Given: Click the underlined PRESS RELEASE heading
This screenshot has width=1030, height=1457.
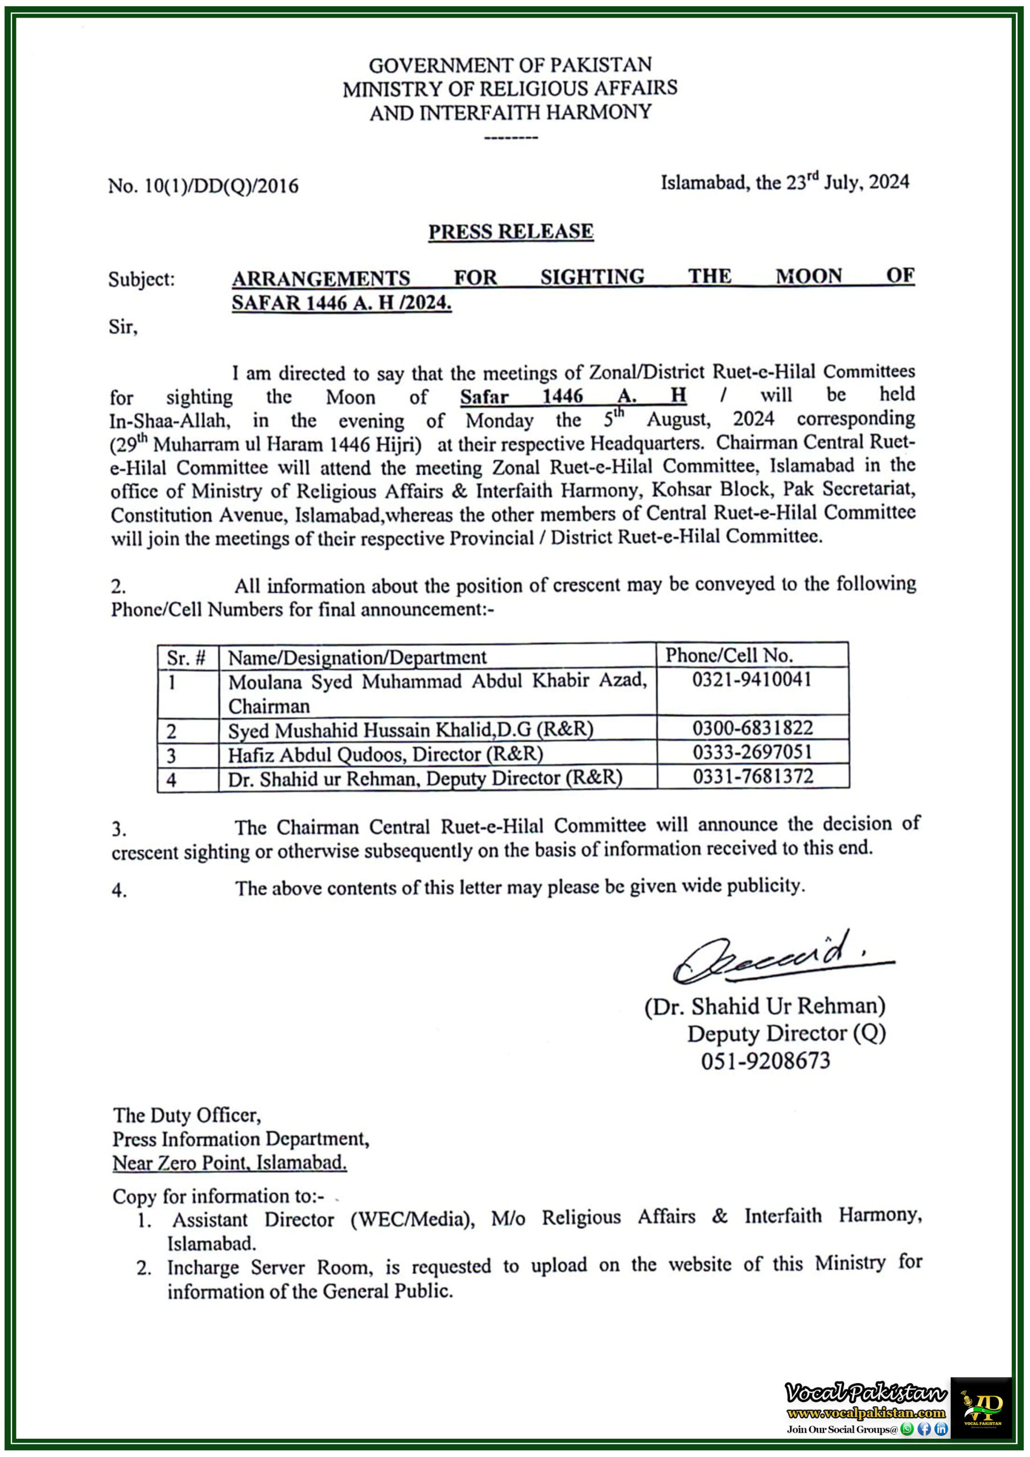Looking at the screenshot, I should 510,232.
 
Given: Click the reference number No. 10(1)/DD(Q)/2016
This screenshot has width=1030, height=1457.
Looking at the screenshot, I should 203,186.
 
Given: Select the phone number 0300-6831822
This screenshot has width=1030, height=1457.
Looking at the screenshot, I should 752,728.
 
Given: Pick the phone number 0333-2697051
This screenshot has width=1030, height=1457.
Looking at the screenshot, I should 752,752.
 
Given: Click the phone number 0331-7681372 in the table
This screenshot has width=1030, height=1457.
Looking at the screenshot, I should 753,776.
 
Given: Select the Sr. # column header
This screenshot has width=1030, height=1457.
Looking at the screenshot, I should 186,658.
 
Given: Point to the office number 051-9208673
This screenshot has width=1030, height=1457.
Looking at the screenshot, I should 765,1060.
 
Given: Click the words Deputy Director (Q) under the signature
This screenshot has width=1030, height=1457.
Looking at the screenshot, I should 786,1033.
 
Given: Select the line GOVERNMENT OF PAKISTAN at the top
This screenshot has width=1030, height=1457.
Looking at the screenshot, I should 510,65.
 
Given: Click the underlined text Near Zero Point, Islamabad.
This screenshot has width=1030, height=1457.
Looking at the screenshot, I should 230,1163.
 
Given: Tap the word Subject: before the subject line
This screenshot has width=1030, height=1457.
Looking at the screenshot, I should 141,279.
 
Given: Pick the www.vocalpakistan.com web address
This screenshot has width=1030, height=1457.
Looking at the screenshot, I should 866,1413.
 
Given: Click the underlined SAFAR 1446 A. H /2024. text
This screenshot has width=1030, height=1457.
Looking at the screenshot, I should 341,303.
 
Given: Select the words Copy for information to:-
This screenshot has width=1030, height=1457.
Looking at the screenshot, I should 219,1196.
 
